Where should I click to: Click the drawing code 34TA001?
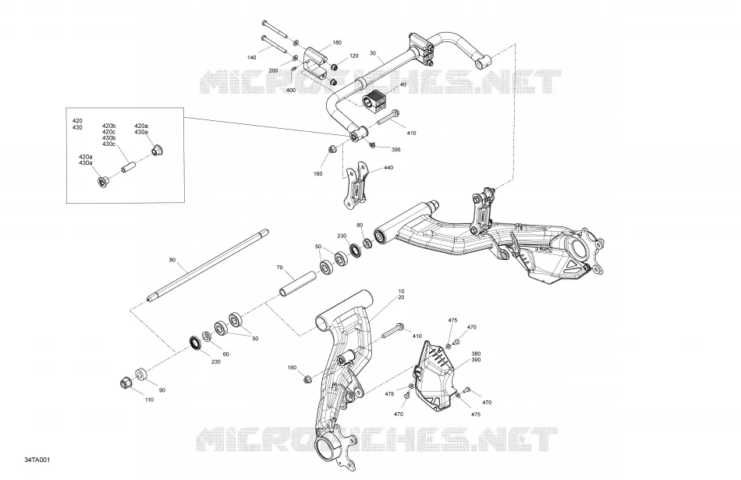pos(37,460)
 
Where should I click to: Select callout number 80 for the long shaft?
pos(172,260)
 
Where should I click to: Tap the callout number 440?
pos(388,167)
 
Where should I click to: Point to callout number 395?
pos(396,149)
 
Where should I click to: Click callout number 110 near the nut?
pos(149,400)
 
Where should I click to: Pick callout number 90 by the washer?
pos(162,390)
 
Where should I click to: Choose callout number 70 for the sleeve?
pos(279,268)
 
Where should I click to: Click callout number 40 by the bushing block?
pos(403,84)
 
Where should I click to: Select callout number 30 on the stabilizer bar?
pos(373,53)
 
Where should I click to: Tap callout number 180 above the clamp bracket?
pos(337,43)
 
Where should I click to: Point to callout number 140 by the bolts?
pos(252,58)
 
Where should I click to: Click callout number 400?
pos(291,90)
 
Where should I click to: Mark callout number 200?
pos(273,70)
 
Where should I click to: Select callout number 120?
pos(354,55)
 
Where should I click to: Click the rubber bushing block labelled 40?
pos(374,98)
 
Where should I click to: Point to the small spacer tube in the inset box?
pos(129,167)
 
